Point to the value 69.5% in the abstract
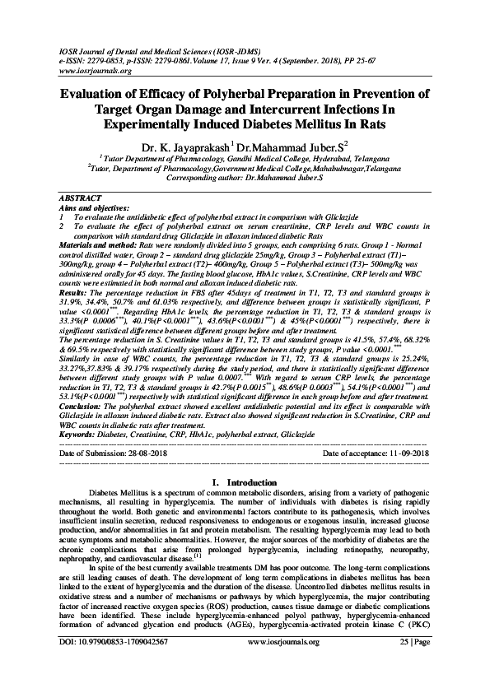click(x=77, y=347)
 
